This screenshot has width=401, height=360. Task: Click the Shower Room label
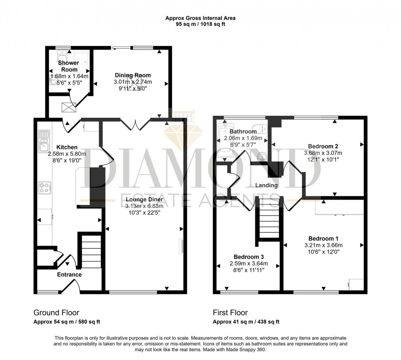click(68, 66)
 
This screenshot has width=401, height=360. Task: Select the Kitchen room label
click(67, 147)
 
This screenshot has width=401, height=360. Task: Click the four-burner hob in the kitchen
click(45, 188)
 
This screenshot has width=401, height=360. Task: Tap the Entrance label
click(69, 274)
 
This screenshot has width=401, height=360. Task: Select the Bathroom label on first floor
click(243, 132)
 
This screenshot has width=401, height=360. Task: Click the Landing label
click(266, 185)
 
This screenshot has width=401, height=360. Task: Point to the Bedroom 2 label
click(323, 146)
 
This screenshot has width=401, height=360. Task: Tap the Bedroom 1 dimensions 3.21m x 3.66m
click(323, 245)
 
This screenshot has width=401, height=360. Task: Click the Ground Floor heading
click(56, 313)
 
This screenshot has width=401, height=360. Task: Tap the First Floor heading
click(230, 313)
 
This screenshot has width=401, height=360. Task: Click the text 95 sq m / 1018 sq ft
click(200, 24)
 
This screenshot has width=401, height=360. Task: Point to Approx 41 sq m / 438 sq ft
click(246, 322)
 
